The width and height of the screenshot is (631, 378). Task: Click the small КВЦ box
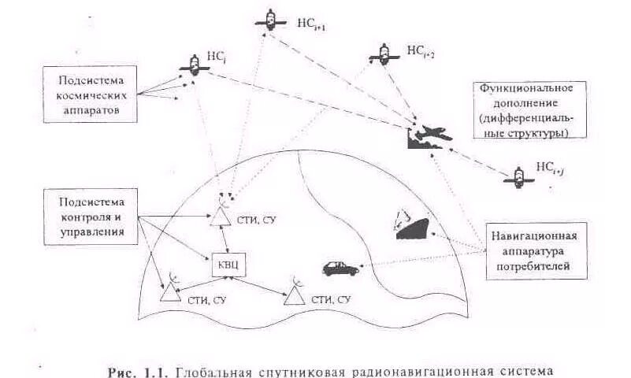click(223, 264)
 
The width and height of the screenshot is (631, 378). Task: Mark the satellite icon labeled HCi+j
click(518, 175)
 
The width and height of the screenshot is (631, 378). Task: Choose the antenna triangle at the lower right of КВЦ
click(295, 295)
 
